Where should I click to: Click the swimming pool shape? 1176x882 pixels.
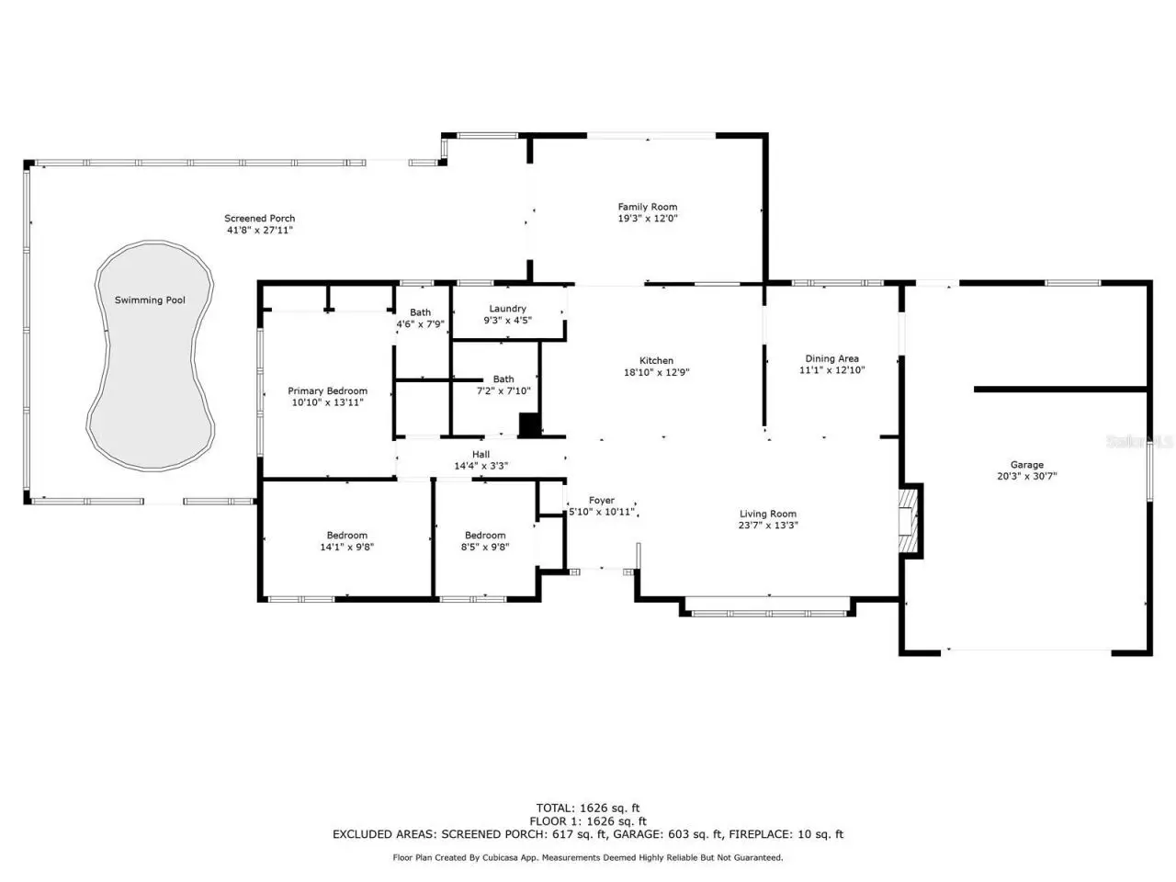(x=150, y=356)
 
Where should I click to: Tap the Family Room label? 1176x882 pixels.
(x=647, y=207)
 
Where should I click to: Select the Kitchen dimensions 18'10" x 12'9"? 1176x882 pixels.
(x=656, y=372)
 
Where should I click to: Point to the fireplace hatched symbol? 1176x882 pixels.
(x=908, y=521)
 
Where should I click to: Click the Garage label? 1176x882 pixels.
(x=1026, y=465)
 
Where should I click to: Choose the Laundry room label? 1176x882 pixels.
(x=507, y=309)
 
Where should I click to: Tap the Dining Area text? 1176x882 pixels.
(x=831, y=359)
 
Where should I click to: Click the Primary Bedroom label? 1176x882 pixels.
(x=327, y=391)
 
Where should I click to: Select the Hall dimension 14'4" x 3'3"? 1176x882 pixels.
(x=481, y=466)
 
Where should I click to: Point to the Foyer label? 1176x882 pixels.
(x=601, y=500)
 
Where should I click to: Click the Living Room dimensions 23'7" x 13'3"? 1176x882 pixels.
(x=768, y=526)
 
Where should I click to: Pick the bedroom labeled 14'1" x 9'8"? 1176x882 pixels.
(x=346, y=541)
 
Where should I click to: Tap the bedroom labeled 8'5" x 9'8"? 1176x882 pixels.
(x=485, y=541)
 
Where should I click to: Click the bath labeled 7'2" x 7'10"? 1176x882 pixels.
(x=503, y=385)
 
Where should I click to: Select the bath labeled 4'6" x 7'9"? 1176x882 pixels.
(x=420, y=318)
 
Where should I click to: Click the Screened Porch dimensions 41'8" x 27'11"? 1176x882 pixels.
(x=260, y=231)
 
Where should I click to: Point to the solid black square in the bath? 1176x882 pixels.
(x=529, y=424)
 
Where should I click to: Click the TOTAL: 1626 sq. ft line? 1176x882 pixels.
(x=588, y=808)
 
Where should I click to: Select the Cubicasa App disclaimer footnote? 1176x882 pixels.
(x=588, y=857)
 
